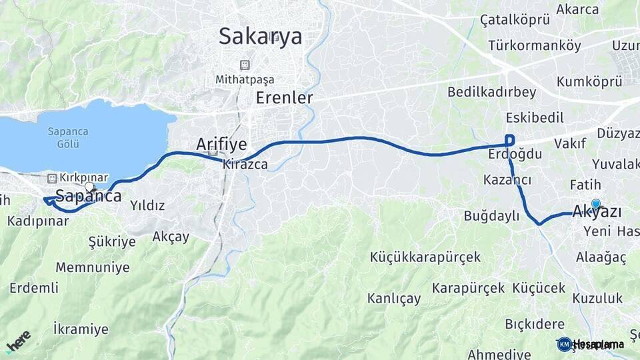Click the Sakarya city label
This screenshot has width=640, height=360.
tap(261, 36)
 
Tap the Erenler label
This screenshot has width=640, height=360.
tap(285, 98)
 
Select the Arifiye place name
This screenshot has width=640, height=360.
tap(221, 144)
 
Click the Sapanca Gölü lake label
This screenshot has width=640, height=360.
tap(68, 137)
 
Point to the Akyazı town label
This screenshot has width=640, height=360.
tap(597, 213)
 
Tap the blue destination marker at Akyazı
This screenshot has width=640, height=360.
tap(595, 205)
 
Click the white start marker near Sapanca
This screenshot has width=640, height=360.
tap(89, 187)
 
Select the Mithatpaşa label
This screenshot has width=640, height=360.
tap(245, 79)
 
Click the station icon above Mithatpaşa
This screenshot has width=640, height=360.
tap(245, 65)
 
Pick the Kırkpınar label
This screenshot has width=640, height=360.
tap(83, 178)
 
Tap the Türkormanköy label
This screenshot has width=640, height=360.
tap(535, 46)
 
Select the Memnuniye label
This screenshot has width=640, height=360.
tap(93, 267)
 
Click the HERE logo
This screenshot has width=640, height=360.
tap(18, 341)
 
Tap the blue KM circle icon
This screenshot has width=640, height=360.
tap(565, 344)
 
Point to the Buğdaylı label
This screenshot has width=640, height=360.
tap(492, 215)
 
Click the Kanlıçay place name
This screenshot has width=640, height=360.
tap(394, 298)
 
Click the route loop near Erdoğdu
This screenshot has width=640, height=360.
tap(510, 140)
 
